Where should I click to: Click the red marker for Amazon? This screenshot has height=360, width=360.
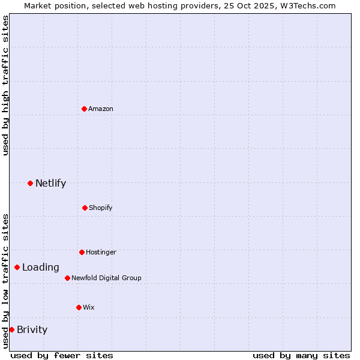pos(85,109)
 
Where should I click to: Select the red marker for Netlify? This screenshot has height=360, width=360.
pos(31,183)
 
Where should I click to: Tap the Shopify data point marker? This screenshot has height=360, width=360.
pos(85,208)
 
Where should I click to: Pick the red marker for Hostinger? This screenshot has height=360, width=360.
pos(82,252)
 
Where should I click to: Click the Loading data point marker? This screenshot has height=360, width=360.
pos(17,267)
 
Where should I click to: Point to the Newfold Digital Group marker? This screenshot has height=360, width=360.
pos(67,278)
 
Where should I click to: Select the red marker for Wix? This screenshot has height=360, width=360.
pos(79,307)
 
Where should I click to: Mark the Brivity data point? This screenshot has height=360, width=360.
pos(11,329)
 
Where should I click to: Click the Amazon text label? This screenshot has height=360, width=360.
pos(101,109)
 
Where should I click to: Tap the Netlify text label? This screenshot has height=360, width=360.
pos(50,183)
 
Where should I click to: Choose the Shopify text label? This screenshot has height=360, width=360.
pos(101,208)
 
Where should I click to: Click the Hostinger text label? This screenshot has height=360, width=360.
pos(101,252)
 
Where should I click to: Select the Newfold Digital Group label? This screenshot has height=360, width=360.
pos(106,278)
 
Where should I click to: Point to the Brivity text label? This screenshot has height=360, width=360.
pos(32,329)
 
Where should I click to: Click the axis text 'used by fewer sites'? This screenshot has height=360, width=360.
pos(62,355)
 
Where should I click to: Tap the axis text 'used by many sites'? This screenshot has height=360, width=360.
pos(301,355)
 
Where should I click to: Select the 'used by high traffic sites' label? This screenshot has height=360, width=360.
pos(5,85)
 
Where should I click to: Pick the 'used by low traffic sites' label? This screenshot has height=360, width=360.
pos(5,280)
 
